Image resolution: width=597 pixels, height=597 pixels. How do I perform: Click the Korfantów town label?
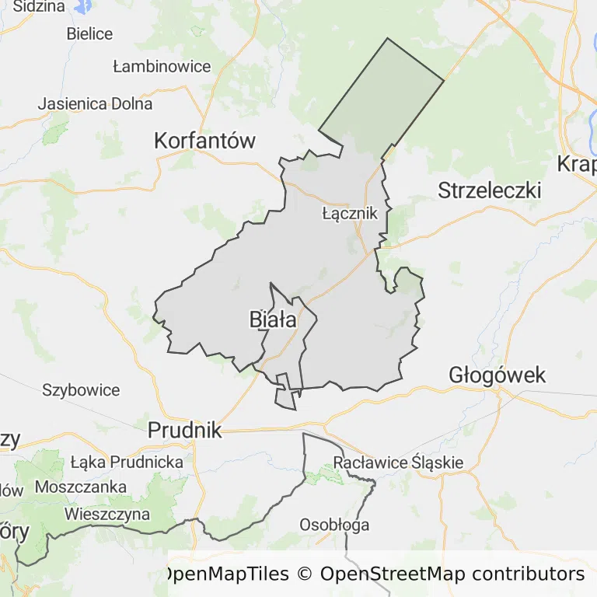click(x=204, y=141)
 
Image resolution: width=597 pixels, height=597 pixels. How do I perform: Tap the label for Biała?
click(x=272, y=319)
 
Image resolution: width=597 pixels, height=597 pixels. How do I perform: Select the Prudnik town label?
click(x=184, y=430)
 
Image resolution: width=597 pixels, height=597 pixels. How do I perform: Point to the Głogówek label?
click(x=497, y=375)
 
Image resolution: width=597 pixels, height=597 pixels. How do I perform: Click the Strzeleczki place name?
click(x=489, y=190)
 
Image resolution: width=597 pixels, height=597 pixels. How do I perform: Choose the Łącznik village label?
click(x=349, y=212)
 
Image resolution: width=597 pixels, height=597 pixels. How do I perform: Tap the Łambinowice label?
click(x=162, y=66)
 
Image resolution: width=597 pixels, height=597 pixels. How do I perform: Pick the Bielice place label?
click(x=89, y=33)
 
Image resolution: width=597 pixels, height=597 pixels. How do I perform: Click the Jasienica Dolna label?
click(x=95, y=103)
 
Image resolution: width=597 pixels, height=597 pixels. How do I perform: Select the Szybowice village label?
click(x=81, y=389)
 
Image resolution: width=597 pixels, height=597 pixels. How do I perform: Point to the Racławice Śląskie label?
click(x=398, y=463)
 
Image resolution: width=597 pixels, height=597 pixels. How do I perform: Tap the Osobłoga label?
click(x=334, y=525)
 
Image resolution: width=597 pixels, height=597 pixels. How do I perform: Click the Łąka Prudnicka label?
click(x=126, y=462)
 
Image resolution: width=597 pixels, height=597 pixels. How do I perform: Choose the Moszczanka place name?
click(x=80, y=487)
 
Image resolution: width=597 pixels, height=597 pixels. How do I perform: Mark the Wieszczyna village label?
click(x=107, y=514)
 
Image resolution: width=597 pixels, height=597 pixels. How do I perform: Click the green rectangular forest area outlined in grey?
click(x=381, y=93)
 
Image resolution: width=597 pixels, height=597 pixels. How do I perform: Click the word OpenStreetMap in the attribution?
click(x=393, y=574)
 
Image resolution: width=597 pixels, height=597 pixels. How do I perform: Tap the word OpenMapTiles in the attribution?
click(x=225, y=574)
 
